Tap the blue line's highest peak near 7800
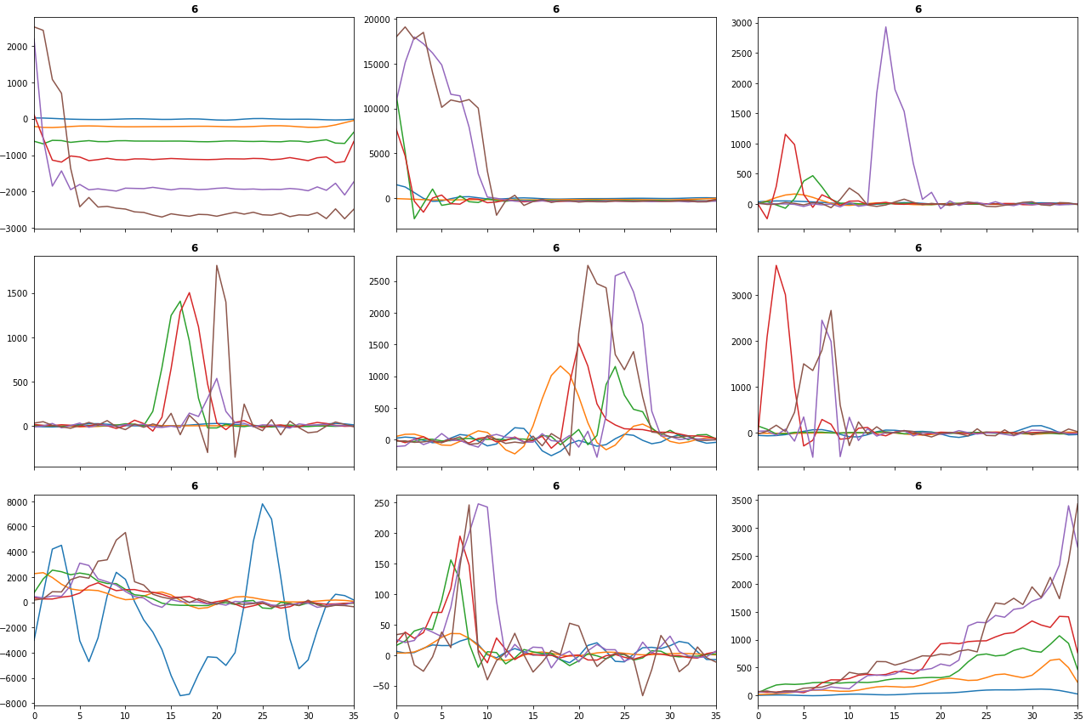[263, 504]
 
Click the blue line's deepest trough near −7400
[179, 695]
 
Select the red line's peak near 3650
[776, 265]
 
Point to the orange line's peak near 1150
[560, 366]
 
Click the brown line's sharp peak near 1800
[217, 265]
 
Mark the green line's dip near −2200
[414, 218]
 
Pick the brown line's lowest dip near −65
[642, 695]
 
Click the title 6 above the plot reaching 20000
[556, 9]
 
